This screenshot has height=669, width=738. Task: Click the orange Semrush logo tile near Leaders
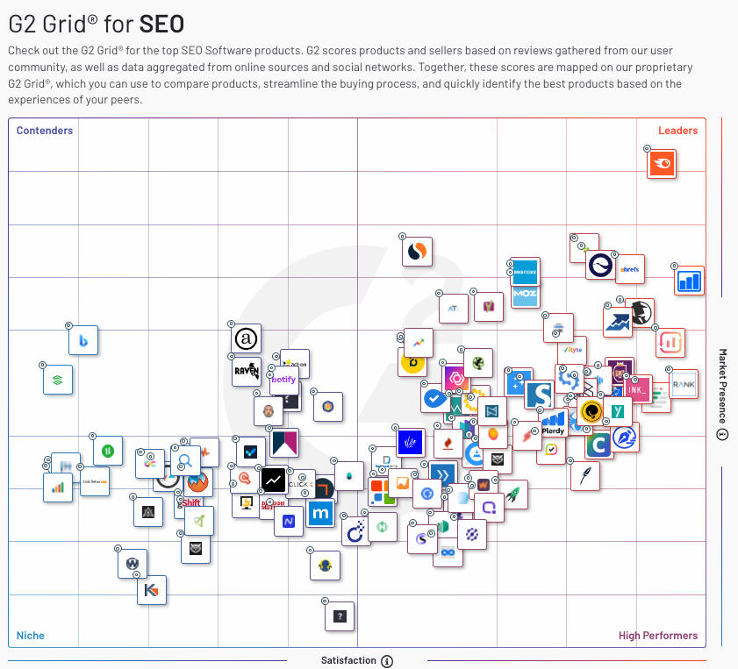click(662, 164)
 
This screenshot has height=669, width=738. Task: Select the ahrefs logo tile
click(629, 270)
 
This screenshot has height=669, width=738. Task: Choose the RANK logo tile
click(684, 384)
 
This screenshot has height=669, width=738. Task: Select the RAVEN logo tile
click(247, 372)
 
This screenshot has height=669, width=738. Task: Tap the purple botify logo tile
click(283, 380)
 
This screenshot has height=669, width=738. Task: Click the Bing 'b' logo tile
click(84, 340)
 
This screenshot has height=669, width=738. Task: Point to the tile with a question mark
click(340, 616)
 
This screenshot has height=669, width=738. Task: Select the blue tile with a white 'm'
click(321, 513)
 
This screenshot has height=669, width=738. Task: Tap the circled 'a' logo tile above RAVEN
click(247, 338)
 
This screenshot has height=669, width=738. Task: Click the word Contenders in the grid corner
click(45, 131)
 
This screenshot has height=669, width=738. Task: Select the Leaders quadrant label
click(677, 131)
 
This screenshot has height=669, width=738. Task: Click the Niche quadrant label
click(31, 636)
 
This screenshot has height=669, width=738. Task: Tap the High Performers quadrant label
click(658, 636)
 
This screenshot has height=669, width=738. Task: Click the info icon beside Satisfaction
click(387, 661)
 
